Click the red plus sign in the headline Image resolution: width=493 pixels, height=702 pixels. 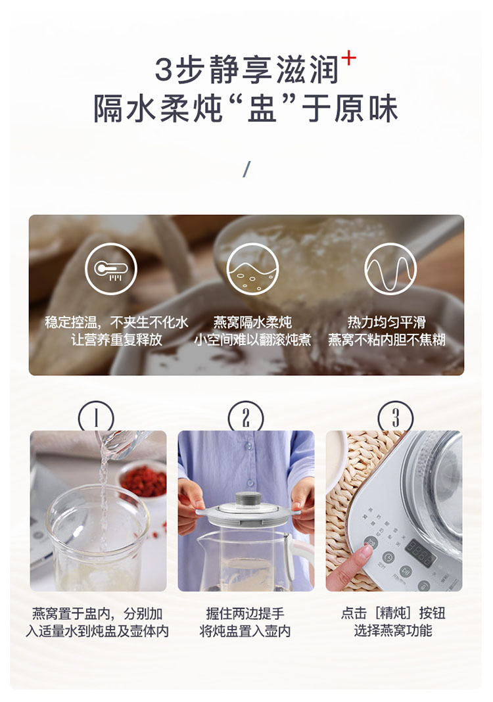(348, 60)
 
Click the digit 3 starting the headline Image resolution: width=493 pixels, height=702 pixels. (164, 70)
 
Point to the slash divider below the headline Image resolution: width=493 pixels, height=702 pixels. (246, 169)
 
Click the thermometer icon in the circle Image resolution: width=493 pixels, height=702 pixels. (110, 269)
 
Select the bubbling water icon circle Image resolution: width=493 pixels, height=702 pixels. (252, 269)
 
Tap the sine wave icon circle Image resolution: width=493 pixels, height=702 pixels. (390, 269)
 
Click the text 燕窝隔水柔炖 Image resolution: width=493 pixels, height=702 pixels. (252, 322)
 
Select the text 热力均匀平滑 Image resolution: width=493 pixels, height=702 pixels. (387, 322)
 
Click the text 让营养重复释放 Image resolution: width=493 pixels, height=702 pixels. (116, 339)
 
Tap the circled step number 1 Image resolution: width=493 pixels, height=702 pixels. (96, 417)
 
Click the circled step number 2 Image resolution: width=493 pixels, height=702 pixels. (246, 417)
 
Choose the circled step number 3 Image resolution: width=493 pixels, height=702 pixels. (396, 417)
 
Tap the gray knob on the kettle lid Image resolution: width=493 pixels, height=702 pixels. (248, 498)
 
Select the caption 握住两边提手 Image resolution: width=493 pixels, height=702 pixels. (245, 613)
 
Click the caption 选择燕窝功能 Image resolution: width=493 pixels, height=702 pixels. (392, 631)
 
